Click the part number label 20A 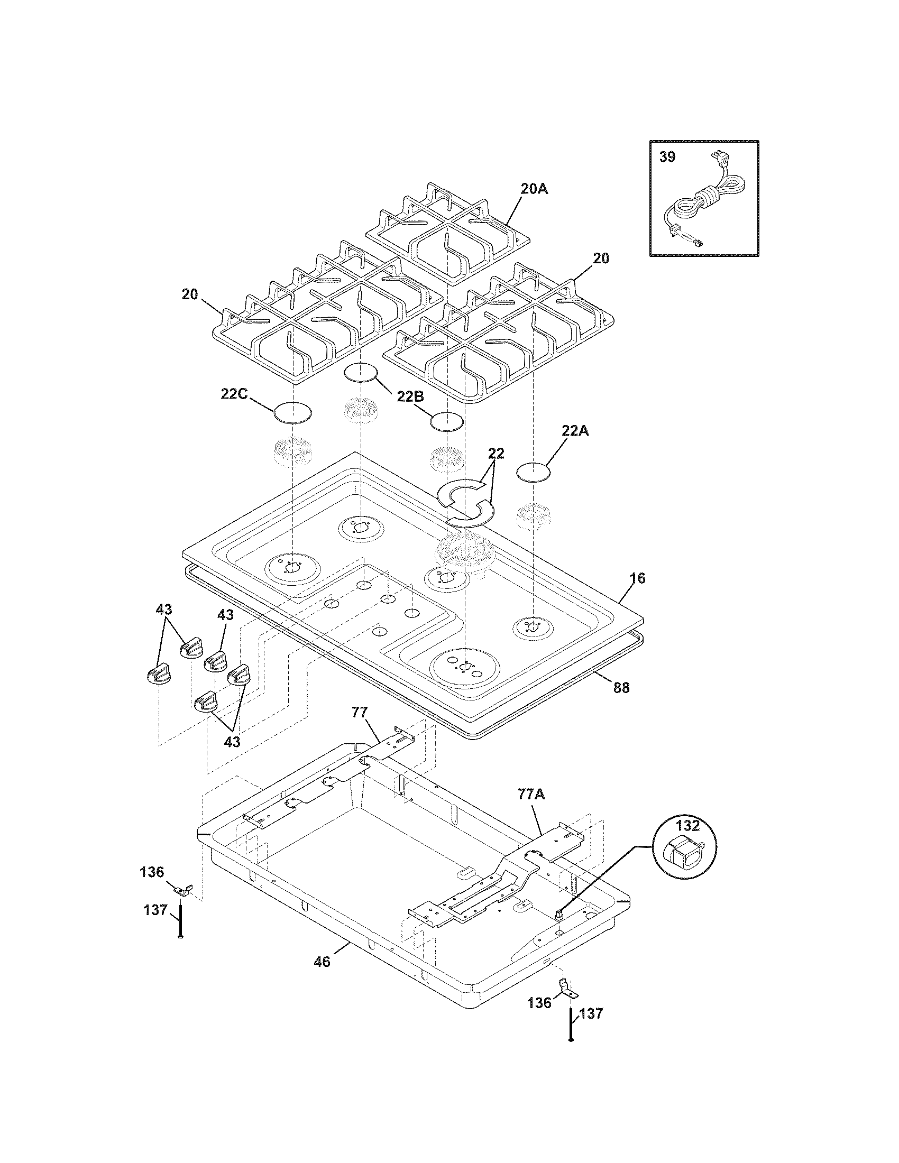[534, 189]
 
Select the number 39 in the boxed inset [667, 157]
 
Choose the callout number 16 [637, 578]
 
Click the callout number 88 [621, 687]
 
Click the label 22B [409, 395]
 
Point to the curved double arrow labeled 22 [465, 502]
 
